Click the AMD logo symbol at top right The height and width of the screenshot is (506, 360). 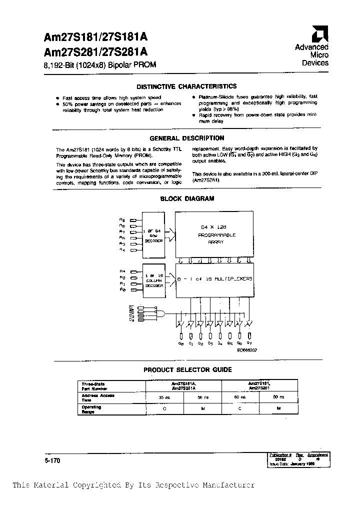[318, 34]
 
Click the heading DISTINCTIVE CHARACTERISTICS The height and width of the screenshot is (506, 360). [187, 86]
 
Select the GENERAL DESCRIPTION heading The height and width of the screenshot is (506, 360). [187, 138]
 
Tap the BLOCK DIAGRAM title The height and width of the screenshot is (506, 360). [187, 198]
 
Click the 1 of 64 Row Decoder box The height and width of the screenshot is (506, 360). [153, 233]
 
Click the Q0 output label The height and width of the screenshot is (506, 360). [181, 344]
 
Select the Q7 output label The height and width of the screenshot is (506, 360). [249, 344]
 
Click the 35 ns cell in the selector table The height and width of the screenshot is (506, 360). [164, 396]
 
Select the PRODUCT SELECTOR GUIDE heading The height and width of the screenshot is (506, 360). [187, 369]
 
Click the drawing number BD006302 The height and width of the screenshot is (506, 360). [247, 351]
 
